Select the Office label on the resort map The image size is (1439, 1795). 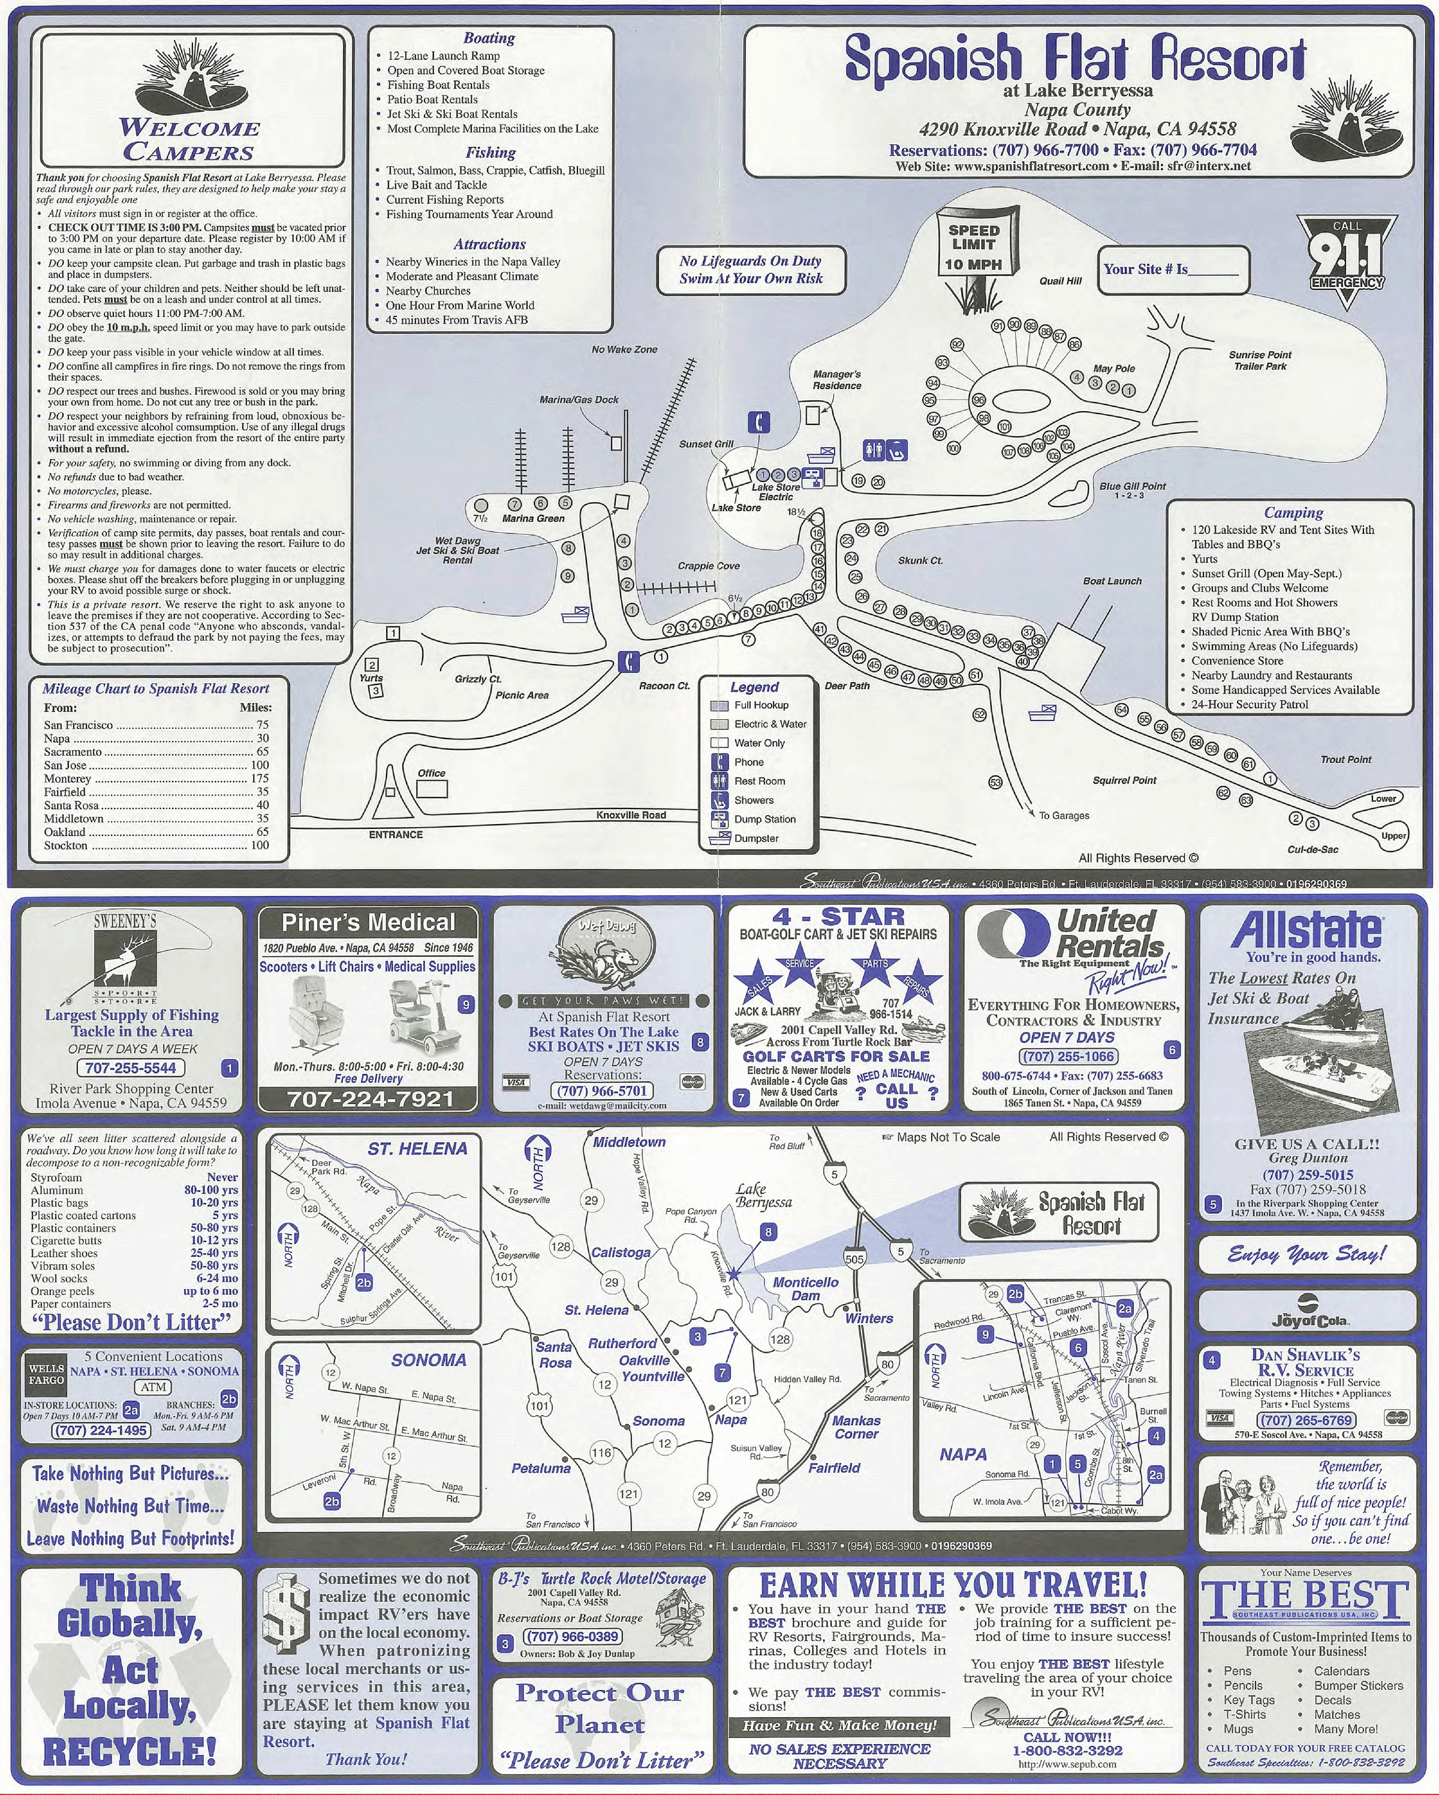pyautogui.click(x=431, y=773)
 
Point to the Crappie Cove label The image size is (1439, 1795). pyautogui.click(x=708, y=566)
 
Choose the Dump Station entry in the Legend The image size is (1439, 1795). pyautogui.click(x=764, y=819)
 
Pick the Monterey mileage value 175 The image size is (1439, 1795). pyautogui.click(x=260, y=779)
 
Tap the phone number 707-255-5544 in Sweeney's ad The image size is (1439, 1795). pyautogui.click(x=131, y=1067)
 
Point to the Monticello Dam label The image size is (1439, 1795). pyautogui.click(x=805, y=1289)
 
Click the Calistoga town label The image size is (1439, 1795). pyautogui.click(x=621, y=1252)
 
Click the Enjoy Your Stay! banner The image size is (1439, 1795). pyautogui.click(x=1306, y=1254)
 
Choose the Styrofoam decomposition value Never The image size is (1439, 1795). pyautogui.click(x=222, y=1177)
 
